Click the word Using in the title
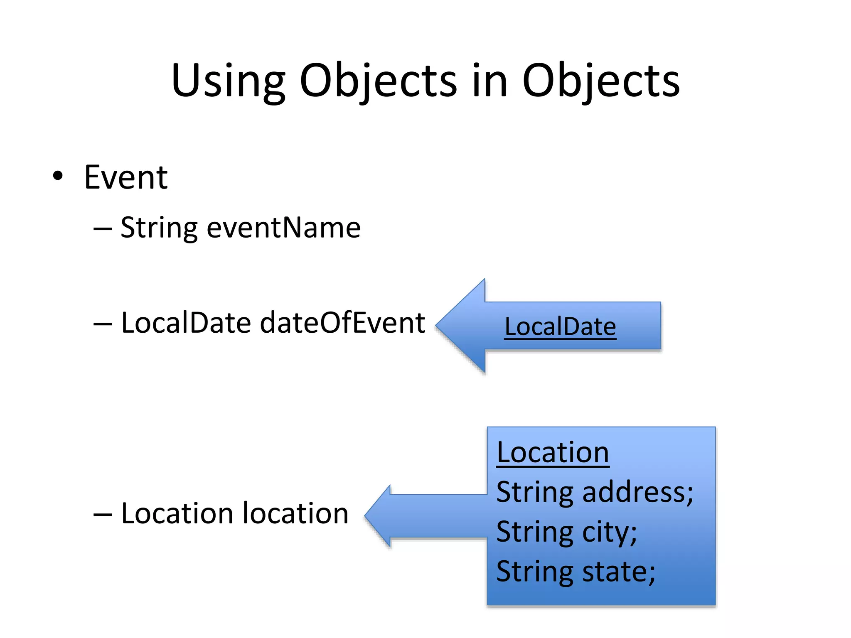tap(228, 81)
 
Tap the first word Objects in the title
tap(378, 81)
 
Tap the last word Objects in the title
tap(601, 81)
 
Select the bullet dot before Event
tap(58, 177)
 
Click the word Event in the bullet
tap(126, 177)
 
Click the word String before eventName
tap(159, 228)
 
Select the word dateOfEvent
tap(342, 323)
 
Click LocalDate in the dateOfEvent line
tap(186, 323)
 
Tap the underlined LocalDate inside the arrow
tap(560, 326)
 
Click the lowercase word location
tap(295, 513)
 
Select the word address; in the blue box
tap(638, 492)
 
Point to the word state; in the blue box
tap(619, 572)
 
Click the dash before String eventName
tap(103, 229)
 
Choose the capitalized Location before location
tap(178, 513)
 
